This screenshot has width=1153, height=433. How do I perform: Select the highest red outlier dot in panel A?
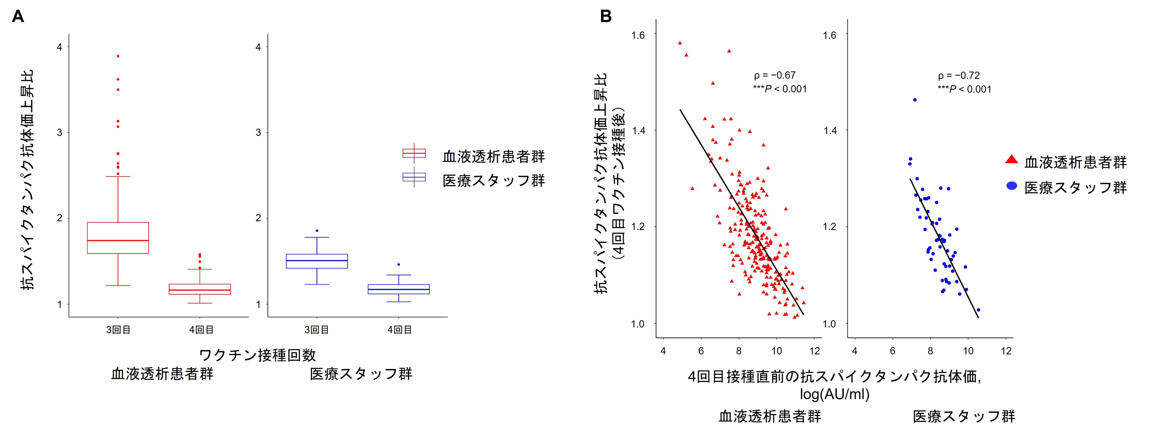tap(118, 56)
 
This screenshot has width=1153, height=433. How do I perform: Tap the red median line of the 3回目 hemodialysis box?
tap(118, 241)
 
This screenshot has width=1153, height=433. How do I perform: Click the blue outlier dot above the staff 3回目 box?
tap(317, 231)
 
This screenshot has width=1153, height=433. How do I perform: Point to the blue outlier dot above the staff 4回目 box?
tap(399, 265)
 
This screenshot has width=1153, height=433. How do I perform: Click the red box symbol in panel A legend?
tap(414, 153)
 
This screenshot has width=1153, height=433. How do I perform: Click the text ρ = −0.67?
tap(775, 75)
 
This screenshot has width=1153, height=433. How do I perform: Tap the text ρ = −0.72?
tap(959, 75)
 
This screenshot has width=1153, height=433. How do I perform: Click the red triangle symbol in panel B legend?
tap(1012, 159)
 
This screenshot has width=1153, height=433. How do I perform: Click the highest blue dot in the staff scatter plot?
tap(915, 100)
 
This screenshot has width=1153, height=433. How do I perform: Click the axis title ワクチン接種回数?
tap(257, 355)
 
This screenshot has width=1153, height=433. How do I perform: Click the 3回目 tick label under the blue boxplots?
tap(317, 330)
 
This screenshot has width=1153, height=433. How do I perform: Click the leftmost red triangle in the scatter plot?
tap(680, 43)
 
